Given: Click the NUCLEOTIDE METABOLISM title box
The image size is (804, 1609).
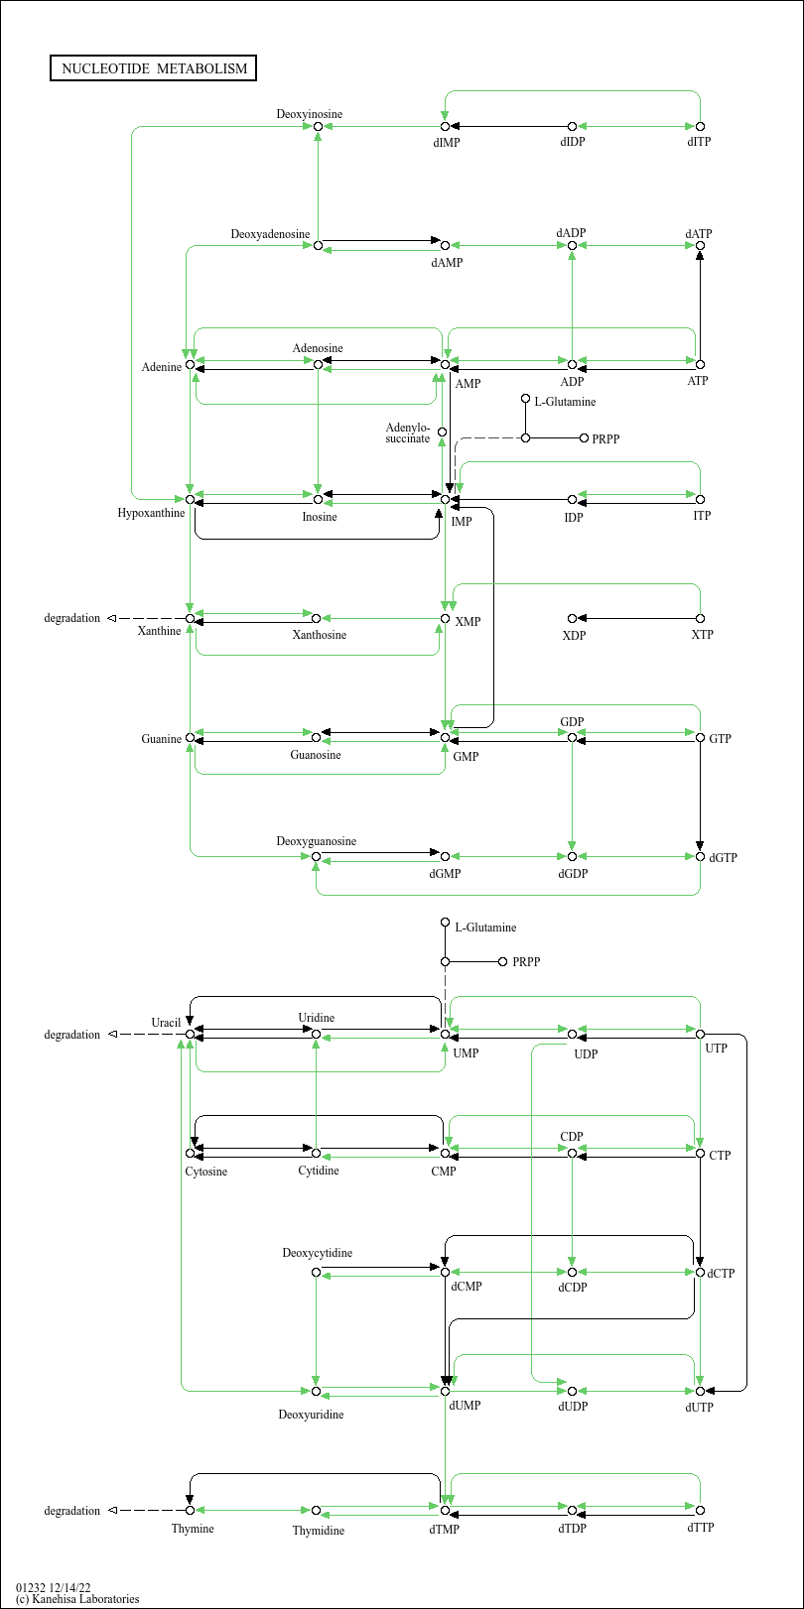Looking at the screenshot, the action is pyautogui.click(x=153, y=68).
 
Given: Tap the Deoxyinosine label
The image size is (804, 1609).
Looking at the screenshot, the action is pyautogui.click(x=309, y=114).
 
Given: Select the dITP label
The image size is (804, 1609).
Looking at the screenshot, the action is pyautogui.click(x=699, y=142).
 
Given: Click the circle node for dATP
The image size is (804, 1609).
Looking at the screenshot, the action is pyautogui.click(x=700, y=246).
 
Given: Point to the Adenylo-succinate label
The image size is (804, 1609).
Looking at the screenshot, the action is pyautogui.click(x=407, y=433).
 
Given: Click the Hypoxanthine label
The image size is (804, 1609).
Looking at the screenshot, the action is pyautogui.click(x=151, y=513).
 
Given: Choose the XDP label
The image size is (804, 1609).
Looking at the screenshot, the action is pyautogui.click(x=574, y=635).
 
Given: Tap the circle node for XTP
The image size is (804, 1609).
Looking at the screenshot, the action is pyautogui.click(x=700, y=618).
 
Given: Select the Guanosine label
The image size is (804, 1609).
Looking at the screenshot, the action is pyautogui.click(x=316, y=754).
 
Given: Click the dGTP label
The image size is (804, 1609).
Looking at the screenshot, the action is pyautogui.click(x=723, y=858).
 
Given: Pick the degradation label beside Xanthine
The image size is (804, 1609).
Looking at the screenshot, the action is pyautogui.click(x=71, y=618).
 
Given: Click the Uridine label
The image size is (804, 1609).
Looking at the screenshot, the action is pyautogui.click(x=316, y=1017).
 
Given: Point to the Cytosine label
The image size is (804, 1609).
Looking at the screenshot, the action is pyautogui.click(x=205, y=1171).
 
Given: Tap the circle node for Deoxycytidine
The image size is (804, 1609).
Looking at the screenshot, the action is pyautogui.click(x=316, y=1272).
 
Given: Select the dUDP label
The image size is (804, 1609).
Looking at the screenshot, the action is pyautogui.click(x=573, y=1407).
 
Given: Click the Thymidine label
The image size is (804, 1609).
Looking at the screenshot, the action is pyautogui.click(x=318, y=1530).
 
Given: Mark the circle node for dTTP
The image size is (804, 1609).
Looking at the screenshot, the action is pyautogui.click(x=700, y=1510).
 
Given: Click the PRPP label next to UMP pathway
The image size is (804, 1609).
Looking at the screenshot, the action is pyautogui.click(x=526, y=962).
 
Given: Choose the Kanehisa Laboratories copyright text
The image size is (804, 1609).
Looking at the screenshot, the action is pyautogui.click(x=77, y=1599).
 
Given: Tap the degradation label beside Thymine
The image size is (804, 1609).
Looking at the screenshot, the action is pyautogui.click(x=71, y=1511).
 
